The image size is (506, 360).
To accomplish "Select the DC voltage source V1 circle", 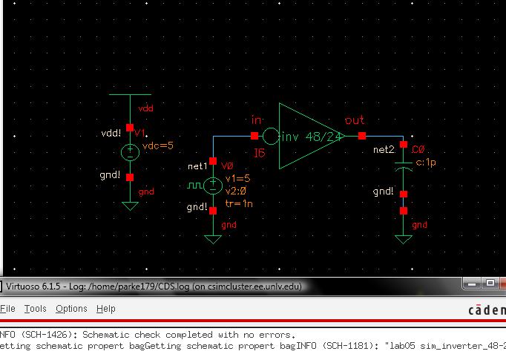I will [x=130, y=152].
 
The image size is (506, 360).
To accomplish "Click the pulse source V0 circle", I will [x=213, y=185].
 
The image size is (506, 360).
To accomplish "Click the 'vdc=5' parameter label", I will [x=157, y=146].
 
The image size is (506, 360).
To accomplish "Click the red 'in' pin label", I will [x=257, y=120].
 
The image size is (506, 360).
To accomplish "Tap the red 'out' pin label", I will [x=355, y=120].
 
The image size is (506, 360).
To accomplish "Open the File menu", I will [x=8, y=309].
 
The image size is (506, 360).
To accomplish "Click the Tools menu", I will [x=35, y=309].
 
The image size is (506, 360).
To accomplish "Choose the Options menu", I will [x=71, y=309].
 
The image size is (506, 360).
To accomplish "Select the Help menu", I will [x=106, y=309].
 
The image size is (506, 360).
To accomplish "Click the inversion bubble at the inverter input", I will [x=271, y=137].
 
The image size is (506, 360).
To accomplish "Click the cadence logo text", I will [x=486, y=310].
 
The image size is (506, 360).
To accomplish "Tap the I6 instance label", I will [x=259, y=153].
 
